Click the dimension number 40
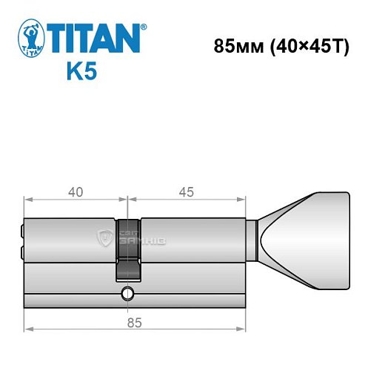(x=75, y=192)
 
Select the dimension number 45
(x=186, y=192)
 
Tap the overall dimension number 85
(x=134, y=322)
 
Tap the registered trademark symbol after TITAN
(x=144, y=25)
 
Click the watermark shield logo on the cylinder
(x=106, y=238)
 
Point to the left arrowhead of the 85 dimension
(x=28, y=329)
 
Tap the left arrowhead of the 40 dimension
(x=28, y=199)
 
